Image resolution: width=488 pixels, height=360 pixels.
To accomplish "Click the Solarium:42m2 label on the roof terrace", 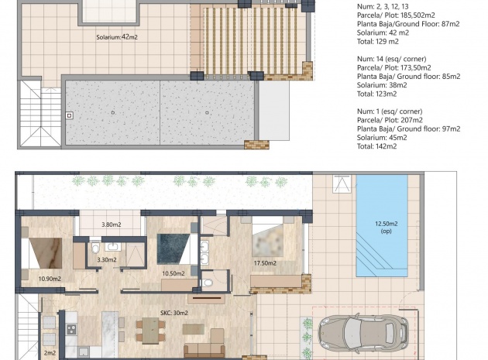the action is point(117,37).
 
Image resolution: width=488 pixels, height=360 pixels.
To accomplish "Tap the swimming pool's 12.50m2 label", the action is point(386,224).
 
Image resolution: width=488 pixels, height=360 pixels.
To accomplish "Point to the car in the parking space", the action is point(363,334).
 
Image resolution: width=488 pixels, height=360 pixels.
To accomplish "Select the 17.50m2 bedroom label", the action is point(265,263).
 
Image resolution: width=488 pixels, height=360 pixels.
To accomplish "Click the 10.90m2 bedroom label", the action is point(50,279).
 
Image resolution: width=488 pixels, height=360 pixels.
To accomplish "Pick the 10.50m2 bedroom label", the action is point(174,273).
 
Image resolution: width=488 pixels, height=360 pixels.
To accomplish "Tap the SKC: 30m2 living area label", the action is point(174,313).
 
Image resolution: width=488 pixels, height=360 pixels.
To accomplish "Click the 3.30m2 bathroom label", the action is point(107,260).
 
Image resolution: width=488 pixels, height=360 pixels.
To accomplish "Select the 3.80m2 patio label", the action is point(111,225).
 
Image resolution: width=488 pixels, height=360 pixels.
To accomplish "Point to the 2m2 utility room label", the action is point(50,353).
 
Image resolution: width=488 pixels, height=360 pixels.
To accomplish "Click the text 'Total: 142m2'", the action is point(376,146).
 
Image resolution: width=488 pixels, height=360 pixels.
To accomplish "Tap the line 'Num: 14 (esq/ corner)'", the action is point(391,59).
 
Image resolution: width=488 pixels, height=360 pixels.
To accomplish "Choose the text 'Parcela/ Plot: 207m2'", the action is point(390,120).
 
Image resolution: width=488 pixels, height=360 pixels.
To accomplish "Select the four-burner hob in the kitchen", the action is point(71,329).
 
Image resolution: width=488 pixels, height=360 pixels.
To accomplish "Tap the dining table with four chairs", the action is point(150,331).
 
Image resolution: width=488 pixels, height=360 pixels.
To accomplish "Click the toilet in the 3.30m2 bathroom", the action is point(95,248).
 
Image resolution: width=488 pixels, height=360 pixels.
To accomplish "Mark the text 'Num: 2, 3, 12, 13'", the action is point(383,6).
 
